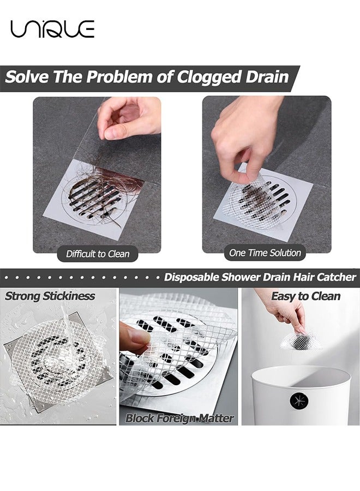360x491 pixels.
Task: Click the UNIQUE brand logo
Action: tap(52, 28)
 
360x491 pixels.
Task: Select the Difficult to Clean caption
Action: tap(98, 254)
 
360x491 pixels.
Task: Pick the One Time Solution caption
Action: tap(265, 253)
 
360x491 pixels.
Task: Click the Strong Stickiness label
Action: tap(50, 297)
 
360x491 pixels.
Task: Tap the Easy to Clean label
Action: tap(305, 296)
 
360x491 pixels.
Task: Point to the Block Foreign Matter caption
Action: tap(179, 418)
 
